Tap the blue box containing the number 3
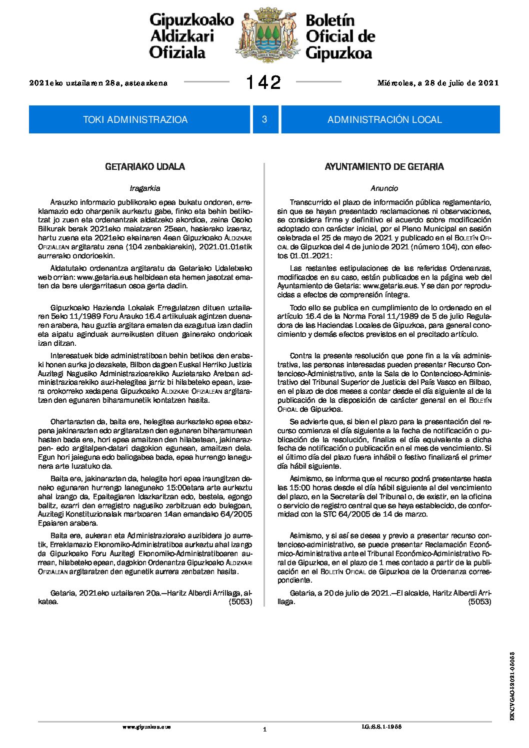(x=264, y=119)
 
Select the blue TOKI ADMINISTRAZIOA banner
(x=135, y=119)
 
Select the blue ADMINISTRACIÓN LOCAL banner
(x=384, y=119)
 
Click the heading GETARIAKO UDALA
(x=145, y=167)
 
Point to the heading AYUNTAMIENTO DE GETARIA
(x=384, y=167)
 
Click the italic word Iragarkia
(x=145, y=188)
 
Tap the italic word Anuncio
(x=384, y=188)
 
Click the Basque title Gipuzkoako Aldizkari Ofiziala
(x=191, y=36)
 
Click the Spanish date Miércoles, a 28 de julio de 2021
(x=438, y=83)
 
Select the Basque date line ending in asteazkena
(x=98, y=83)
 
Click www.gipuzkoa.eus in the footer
(x=146, y=728)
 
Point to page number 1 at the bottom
(x=264, y=730)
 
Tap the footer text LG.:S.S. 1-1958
(x=381, y=727)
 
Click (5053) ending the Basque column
(x=240, y=602)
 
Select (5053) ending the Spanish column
(x=479, y=602)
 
